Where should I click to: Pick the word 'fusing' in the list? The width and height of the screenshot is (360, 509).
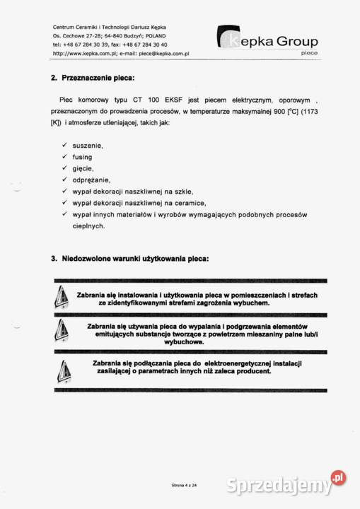click(x=83, y=157)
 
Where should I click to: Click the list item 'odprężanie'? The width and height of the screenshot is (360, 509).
click(x=90, y=180)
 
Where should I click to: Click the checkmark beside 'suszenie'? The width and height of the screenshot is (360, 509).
click(x=64, y=145)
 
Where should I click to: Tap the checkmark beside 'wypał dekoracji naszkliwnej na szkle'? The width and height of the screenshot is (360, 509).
click(x=64, y=191)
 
